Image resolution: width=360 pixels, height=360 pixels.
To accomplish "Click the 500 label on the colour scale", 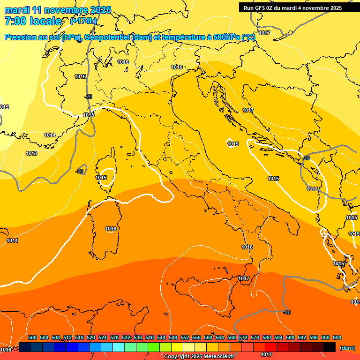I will [x=32, y=337].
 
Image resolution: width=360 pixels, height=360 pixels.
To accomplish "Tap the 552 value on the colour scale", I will [x=185, y=337].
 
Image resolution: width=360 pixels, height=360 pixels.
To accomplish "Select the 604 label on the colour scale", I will [x=337, y=337].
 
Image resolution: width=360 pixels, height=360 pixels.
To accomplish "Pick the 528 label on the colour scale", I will [x=114, y=337].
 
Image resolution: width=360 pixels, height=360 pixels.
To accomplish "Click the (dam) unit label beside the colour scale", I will [x=347, y=348].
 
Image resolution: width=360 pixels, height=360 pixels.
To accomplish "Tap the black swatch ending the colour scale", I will [x=330, y=347].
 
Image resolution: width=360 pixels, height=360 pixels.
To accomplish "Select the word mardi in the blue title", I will [x=16, y=10].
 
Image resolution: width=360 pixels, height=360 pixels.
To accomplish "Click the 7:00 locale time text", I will [x=33, y=21].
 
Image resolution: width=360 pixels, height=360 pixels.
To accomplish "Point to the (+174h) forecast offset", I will [x=83, y=21].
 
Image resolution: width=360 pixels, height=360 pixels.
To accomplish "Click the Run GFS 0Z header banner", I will [x=292, y=8].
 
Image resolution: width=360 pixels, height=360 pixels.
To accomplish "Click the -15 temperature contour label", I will [x=287, y=312].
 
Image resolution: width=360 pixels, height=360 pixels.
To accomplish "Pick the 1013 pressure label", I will [x=31, y=153].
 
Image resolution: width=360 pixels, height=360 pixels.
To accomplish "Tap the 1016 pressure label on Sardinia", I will [x=111, y=229].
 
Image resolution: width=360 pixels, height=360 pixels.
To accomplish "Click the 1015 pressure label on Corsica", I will [x=101, y=178].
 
